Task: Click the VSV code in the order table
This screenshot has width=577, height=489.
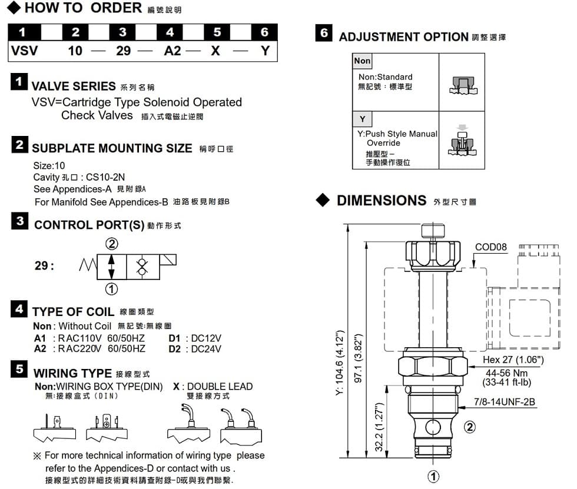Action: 24,51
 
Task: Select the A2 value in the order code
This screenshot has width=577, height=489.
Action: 173,51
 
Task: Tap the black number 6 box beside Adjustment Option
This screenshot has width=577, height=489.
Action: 324,33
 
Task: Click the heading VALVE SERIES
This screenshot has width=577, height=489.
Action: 74,87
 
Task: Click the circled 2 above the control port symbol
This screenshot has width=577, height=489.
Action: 111,244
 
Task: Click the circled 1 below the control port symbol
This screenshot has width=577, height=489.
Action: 111,288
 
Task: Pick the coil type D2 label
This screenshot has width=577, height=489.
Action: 174,348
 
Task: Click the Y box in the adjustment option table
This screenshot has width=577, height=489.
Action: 362,119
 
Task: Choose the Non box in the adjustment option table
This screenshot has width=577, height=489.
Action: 362,61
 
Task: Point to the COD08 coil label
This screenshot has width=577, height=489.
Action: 490,247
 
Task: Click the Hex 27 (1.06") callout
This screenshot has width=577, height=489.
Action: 513,360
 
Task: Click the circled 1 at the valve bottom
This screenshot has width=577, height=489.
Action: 433,477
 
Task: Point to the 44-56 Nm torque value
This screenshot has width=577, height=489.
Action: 506,373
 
